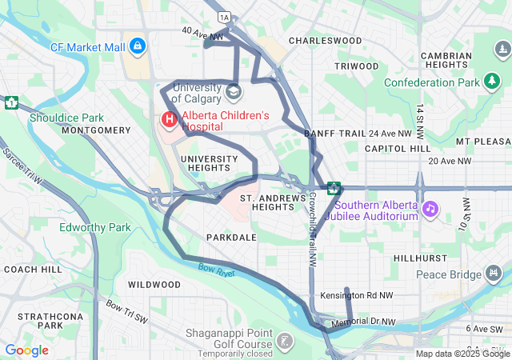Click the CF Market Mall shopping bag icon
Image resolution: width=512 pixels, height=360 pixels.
pyautogui.click(x=138, y=46)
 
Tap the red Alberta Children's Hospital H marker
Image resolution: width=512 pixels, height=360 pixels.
pyautogui.click(x=169, y=120)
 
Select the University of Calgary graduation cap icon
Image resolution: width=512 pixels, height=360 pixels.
pyautogui.click(x=234, y=91)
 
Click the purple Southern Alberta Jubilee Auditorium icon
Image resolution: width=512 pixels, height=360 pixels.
pyautogui.click(x=430, y=209)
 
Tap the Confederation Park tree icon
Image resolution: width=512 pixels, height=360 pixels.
pyautogui.click(x=492, y=82)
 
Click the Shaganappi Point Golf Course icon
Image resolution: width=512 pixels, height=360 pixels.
pyautogui.click(x=284, y=340)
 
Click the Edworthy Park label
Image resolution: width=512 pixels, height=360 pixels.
pyautogui.click(x=94, y=227)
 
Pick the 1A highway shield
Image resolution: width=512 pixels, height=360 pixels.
pyautogui.click(x=224, y=16)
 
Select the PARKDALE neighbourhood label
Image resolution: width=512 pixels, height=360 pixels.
pyautogui.click(x=231, y=238)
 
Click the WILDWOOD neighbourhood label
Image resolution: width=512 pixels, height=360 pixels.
pyautogui.click(x=154, y=284)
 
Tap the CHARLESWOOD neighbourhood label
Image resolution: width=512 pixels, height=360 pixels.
pyautogui.click(x=325, y=40)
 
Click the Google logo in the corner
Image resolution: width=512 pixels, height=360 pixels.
pyautogui.click(x=26, y=350)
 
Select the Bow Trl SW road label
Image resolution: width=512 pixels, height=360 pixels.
pyautogui.click(x=127, y=311)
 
